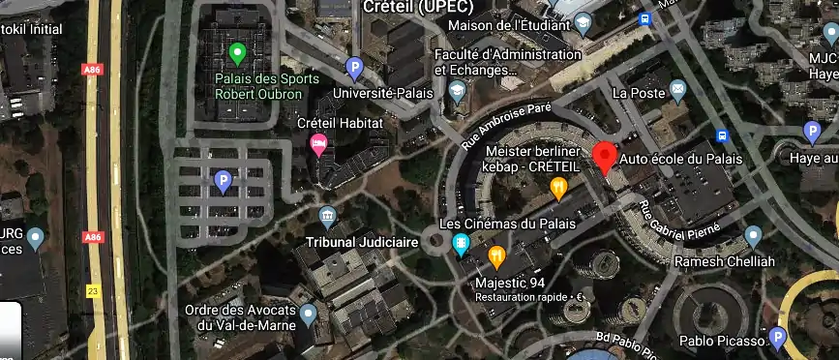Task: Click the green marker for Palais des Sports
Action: coord(237,53)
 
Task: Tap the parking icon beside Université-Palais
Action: coord(354,68)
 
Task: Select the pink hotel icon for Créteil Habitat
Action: coord(317,145)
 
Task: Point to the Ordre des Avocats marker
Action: coord(309,313)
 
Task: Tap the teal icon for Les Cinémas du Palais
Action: coord(462,241)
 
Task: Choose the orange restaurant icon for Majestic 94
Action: coord(497,256)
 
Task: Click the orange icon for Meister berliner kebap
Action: coord(558,188)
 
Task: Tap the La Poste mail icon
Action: coord(677,91)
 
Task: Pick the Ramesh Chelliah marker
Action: coord(754,236)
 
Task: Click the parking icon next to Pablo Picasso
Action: coord(778,338)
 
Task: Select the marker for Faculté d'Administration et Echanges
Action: coord(457,92)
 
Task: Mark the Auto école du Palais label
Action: coord(668,159)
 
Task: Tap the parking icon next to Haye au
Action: coord(813,133)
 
